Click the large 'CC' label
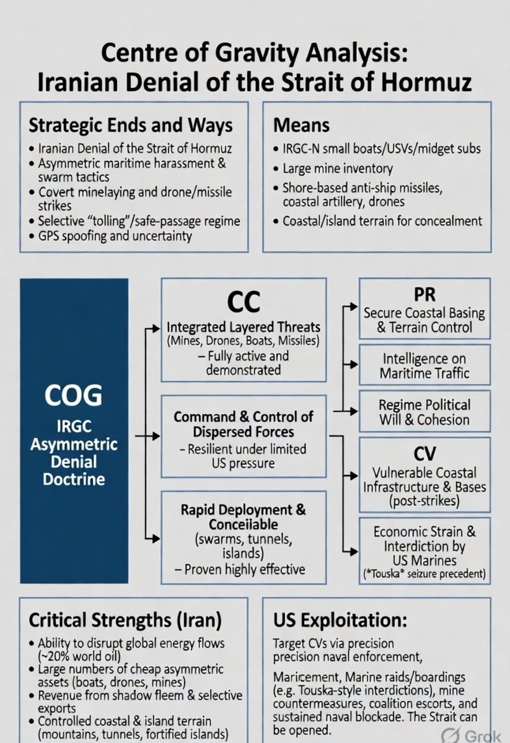[243, 302]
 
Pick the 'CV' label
[424, 454]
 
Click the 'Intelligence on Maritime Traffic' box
[424, 366]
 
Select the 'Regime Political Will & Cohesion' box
[424, 412]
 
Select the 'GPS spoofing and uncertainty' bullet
[115, 236]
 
